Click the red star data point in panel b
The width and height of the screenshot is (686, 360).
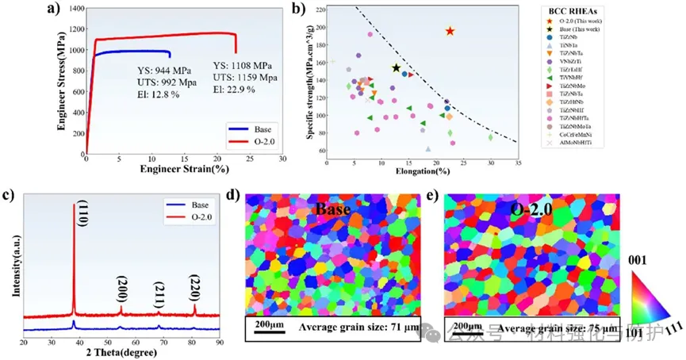coord(450,31)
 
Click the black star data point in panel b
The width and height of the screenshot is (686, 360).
coord(397,68)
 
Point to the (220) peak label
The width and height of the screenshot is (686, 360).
coord(194,286)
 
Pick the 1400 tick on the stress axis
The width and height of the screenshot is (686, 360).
coord(71,9)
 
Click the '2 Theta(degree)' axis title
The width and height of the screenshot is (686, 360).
coord(121,353)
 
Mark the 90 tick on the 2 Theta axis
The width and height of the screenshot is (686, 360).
coord(220,342)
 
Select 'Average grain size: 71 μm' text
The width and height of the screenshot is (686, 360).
coord(357,327)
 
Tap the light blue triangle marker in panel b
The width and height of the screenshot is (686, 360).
coord(428,148)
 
